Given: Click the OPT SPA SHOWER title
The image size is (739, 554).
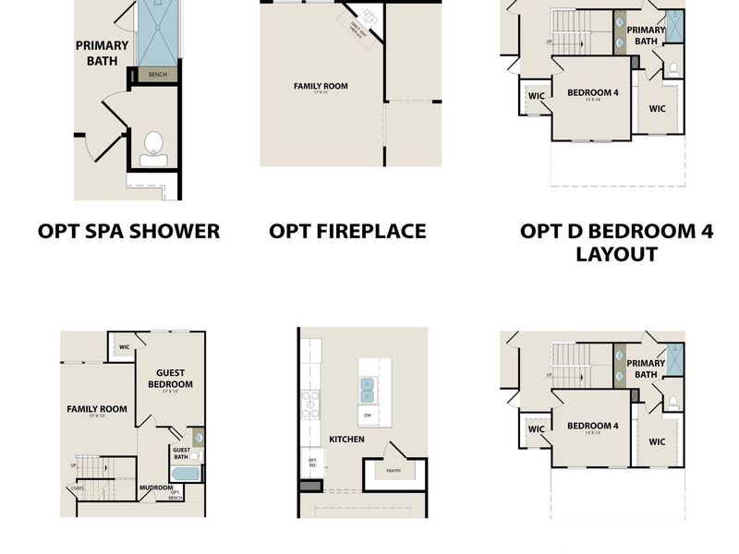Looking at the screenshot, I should pos(128,231).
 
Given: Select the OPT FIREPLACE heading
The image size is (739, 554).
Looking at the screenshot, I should pos(347,231).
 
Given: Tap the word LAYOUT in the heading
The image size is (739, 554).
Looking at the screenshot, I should pos(616,254).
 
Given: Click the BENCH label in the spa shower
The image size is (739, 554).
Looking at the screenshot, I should pos(157,75).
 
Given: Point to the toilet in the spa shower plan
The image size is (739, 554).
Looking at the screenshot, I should pos(154,147).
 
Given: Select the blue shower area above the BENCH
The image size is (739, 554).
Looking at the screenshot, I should pos(157,32).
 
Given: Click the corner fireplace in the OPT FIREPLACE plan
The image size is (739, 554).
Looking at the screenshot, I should pos(364,20).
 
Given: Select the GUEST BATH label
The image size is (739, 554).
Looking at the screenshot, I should pos(181,453).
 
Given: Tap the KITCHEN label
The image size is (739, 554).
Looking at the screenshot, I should pos(346,439).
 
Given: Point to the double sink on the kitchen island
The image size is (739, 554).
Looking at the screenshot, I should pos(366,389).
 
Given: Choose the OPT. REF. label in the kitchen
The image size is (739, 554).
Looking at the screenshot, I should pos(312,462).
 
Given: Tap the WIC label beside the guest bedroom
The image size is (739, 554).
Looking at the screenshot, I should pos(125,347).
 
